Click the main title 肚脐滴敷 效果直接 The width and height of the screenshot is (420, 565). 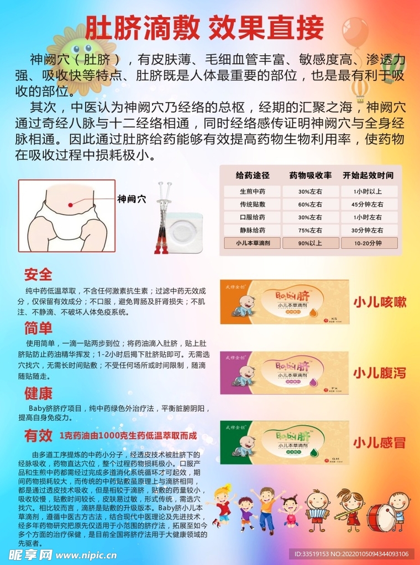(x=204, y=26)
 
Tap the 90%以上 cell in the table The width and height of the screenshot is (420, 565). (x=310, y=243)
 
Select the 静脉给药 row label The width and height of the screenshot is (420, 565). (x=252, y=230)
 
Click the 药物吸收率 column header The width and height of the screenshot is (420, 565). (x=310, y=175)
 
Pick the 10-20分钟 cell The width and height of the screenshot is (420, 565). (x=369, y=243)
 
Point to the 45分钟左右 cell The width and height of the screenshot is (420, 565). (x=369, y=204)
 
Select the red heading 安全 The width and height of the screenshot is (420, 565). (x=38, y=274)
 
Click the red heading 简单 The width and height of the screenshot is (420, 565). (x=38, y=329)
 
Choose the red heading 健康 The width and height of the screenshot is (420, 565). (x=38, y=393)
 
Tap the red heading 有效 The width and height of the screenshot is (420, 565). (x=38, y=435)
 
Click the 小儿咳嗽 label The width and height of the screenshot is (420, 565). (x=380, y=302)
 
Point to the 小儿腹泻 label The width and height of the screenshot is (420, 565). (x=380, y=373)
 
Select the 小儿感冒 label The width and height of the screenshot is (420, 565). (x=380, y=443)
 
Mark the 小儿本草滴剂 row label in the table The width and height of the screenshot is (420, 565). (x=252, y=243)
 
